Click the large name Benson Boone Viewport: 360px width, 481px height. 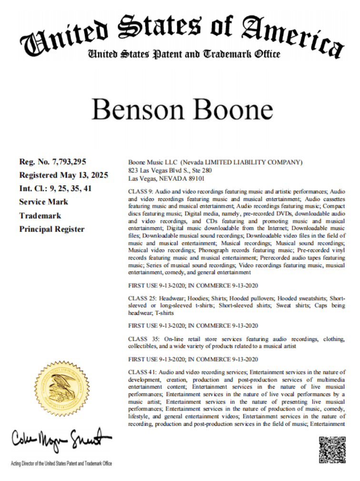(182, 109)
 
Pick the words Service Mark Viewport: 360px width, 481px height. (43, 202)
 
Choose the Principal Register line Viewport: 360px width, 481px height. (51, 229)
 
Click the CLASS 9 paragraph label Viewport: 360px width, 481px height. (140, 190)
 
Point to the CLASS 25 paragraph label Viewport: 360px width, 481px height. (142, 298)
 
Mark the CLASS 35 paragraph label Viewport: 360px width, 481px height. (142, 339)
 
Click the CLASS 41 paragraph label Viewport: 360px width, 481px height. (142, 371)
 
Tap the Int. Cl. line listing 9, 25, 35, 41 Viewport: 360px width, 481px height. (55, 188)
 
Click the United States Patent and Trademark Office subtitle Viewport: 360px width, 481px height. (183, 54)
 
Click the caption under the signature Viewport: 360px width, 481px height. (61, 463)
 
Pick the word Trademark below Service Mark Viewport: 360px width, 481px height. (40, 215)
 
